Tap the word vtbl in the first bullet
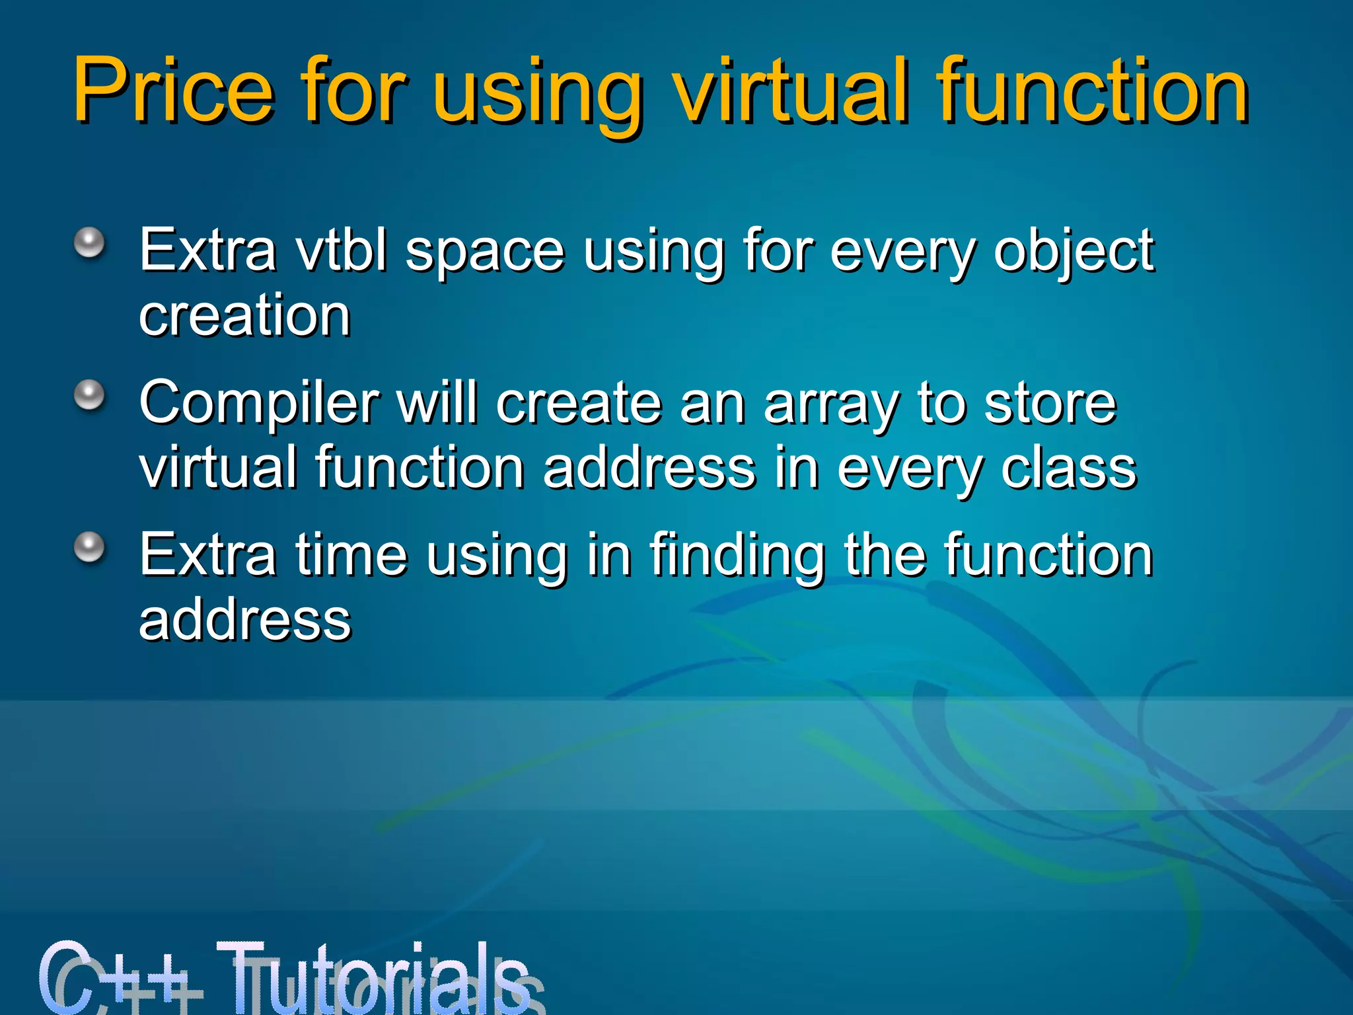pyautogui.click(x=342, y=250)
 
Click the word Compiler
pyautogui.click(x=259, y=405)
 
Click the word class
pyautogui.click(x=1068, y=468)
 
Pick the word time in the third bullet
pyautogui.click(x=351, y=555)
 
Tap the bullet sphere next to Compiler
pyautogui.click(x=89, y=396)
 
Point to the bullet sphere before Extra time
pyautogui.click(x=89, y=548)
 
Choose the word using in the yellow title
pyautogui.click(x=538, y=93)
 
